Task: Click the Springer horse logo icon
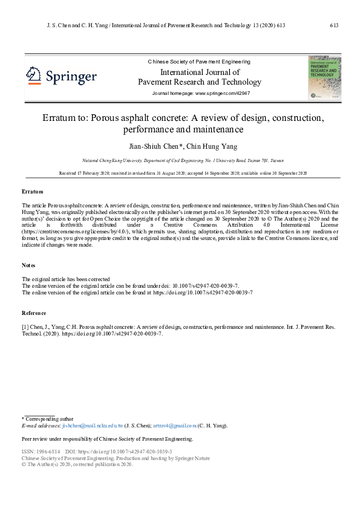pyautogui.click(x=33, y=76)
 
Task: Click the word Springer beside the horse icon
pyautogui.click(x=71, y=77)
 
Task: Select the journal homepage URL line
pyautogui.click(x=201, y=93)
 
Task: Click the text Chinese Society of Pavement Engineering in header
pyautogui.click(x=199, y=62)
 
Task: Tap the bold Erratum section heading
pyautogui.click(x=33, y=192)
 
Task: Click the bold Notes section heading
pyautogui.click(x=29, y=265)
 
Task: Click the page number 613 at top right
pyautogui.click(x=334, y=25)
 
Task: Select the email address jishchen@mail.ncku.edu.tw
pyautogui.click(x=93, y=426)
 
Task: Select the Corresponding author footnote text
pyautogui.click(x=49, y=418)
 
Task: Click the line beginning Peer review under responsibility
pyautogui.click(x=107, y=439)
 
